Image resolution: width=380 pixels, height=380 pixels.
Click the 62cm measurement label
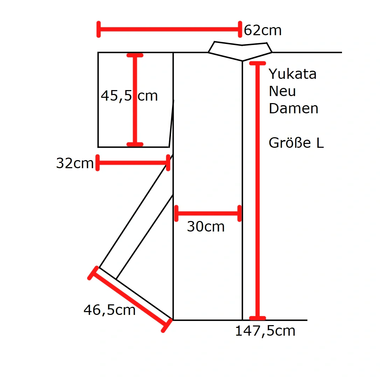point(263,30)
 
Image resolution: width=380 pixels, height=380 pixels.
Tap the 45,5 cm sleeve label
point(129,96)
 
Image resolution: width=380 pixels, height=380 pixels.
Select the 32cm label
point(75,163)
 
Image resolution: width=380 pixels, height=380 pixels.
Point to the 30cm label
point(206,227)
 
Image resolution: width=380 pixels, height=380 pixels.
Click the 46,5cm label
point(109,310)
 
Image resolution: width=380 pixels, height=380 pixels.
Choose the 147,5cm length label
point(265,331)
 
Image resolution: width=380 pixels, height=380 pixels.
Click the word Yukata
point(292,74)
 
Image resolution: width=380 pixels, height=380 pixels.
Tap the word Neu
point(282,91)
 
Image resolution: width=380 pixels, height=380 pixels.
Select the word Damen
point(293,108)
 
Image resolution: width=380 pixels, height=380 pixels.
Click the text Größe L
point(296,142)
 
